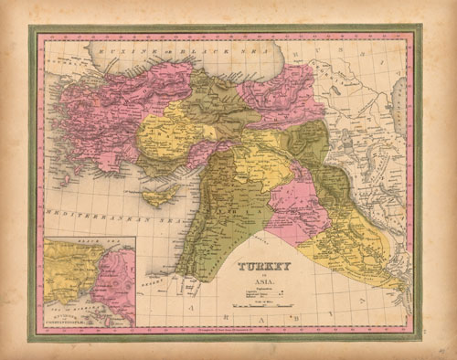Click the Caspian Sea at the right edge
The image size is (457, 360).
tap(399, 96)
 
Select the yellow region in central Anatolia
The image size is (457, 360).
tap(169, 137)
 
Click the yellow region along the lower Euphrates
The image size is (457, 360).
tap(361, 238)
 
